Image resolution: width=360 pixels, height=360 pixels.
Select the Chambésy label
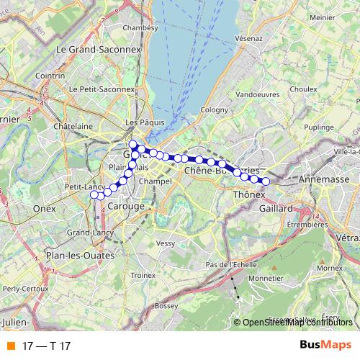[140, 27]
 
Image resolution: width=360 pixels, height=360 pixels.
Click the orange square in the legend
[11, 345]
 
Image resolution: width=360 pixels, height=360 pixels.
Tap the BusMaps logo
[325, 345]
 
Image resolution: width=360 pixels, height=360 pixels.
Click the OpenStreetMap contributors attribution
[297, 322]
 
